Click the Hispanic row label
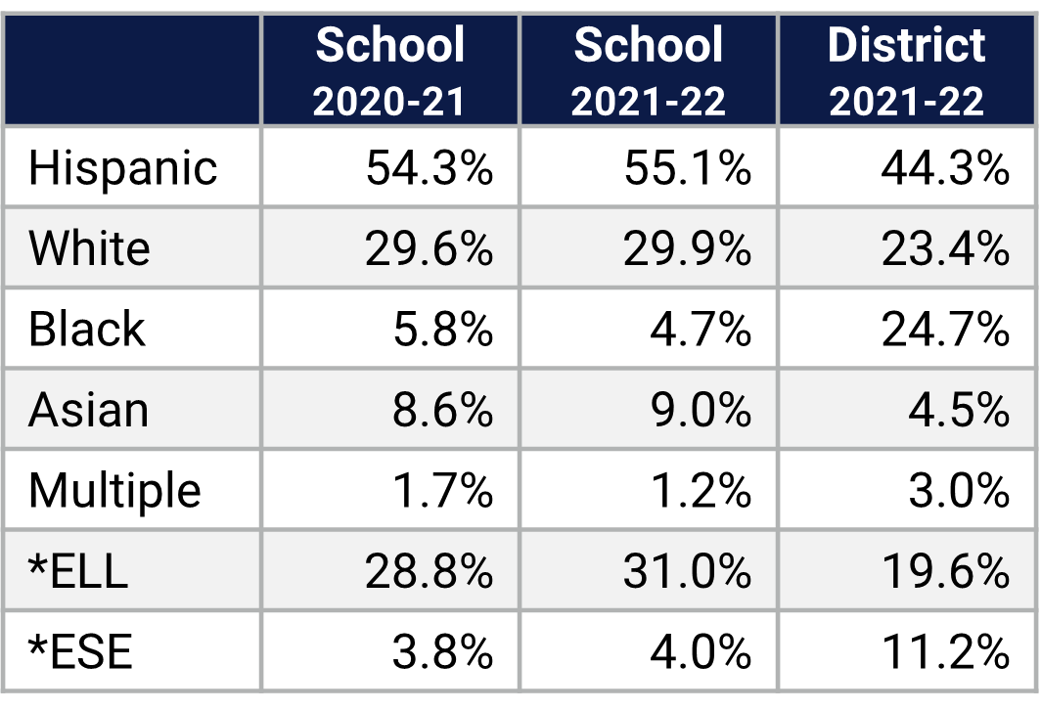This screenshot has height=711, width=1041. (122, 167)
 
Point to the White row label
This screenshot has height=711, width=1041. (89, 248)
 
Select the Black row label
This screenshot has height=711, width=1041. (86, 329)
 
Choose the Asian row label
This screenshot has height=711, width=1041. (88, 410)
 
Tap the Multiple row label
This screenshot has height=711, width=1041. (114, 490)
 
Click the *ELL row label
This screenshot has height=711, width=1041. (78, 571)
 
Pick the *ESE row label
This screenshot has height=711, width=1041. (79, 651)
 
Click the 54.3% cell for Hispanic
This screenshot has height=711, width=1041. (430, 168)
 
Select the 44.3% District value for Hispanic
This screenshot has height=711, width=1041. (945, 168)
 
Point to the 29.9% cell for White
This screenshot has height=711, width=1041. (688, 249)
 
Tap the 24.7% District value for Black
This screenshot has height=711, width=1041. (945, 330)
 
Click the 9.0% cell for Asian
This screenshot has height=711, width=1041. (701, 410)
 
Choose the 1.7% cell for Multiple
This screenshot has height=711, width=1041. (442, 491)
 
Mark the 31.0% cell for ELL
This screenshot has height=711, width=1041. (688, 571)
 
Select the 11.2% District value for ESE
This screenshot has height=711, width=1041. (945, 651)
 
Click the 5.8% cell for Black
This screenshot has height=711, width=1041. (442, 330)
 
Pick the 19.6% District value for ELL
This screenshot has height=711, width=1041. (945, 571)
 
